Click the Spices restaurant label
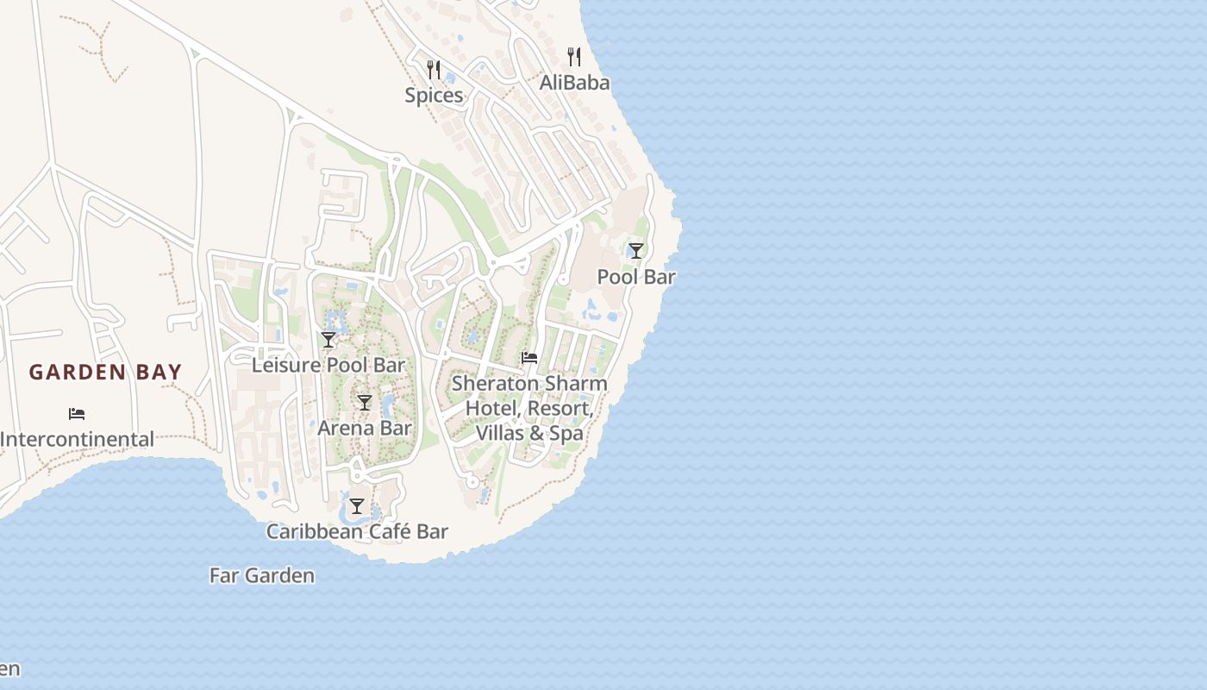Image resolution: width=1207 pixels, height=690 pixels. [434, 96]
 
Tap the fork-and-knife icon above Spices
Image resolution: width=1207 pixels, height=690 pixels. [434, 69]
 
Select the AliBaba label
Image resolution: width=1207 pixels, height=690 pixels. [574, 83]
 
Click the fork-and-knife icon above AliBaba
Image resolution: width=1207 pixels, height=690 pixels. [574, 57]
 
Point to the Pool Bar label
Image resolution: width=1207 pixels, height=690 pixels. [636, 277]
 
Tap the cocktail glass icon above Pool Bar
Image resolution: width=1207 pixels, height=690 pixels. [636, 251]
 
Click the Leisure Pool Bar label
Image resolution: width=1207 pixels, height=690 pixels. [328, 365]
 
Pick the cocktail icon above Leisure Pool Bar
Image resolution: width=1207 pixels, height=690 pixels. [328, 340]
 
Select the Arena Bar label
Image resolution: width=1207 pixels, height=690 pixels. [365, 428]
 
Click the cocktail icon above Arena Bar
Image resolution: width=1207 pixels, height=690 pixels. [365, 403]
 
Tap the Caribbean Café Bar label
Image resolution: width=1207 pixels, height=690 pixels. [357, 531]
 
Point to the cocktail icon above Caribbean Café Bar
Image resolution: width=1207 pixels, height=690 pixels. [357, 506]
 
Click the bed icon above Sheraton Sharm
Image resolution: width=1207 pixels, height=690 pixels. [529, 358]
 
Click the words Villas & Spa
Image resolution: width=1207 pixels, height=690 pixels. [529, 433]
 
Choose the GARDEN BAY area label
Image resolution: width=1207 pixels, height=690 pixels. [105, 373]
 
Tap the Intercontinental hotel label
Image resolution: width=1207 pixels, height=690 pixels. [77, 440]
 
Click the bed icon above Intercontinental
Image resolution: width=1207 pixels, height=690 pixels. [77, 414]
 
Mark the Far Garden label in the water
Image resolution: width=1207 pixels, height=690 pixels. [262, 575]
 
